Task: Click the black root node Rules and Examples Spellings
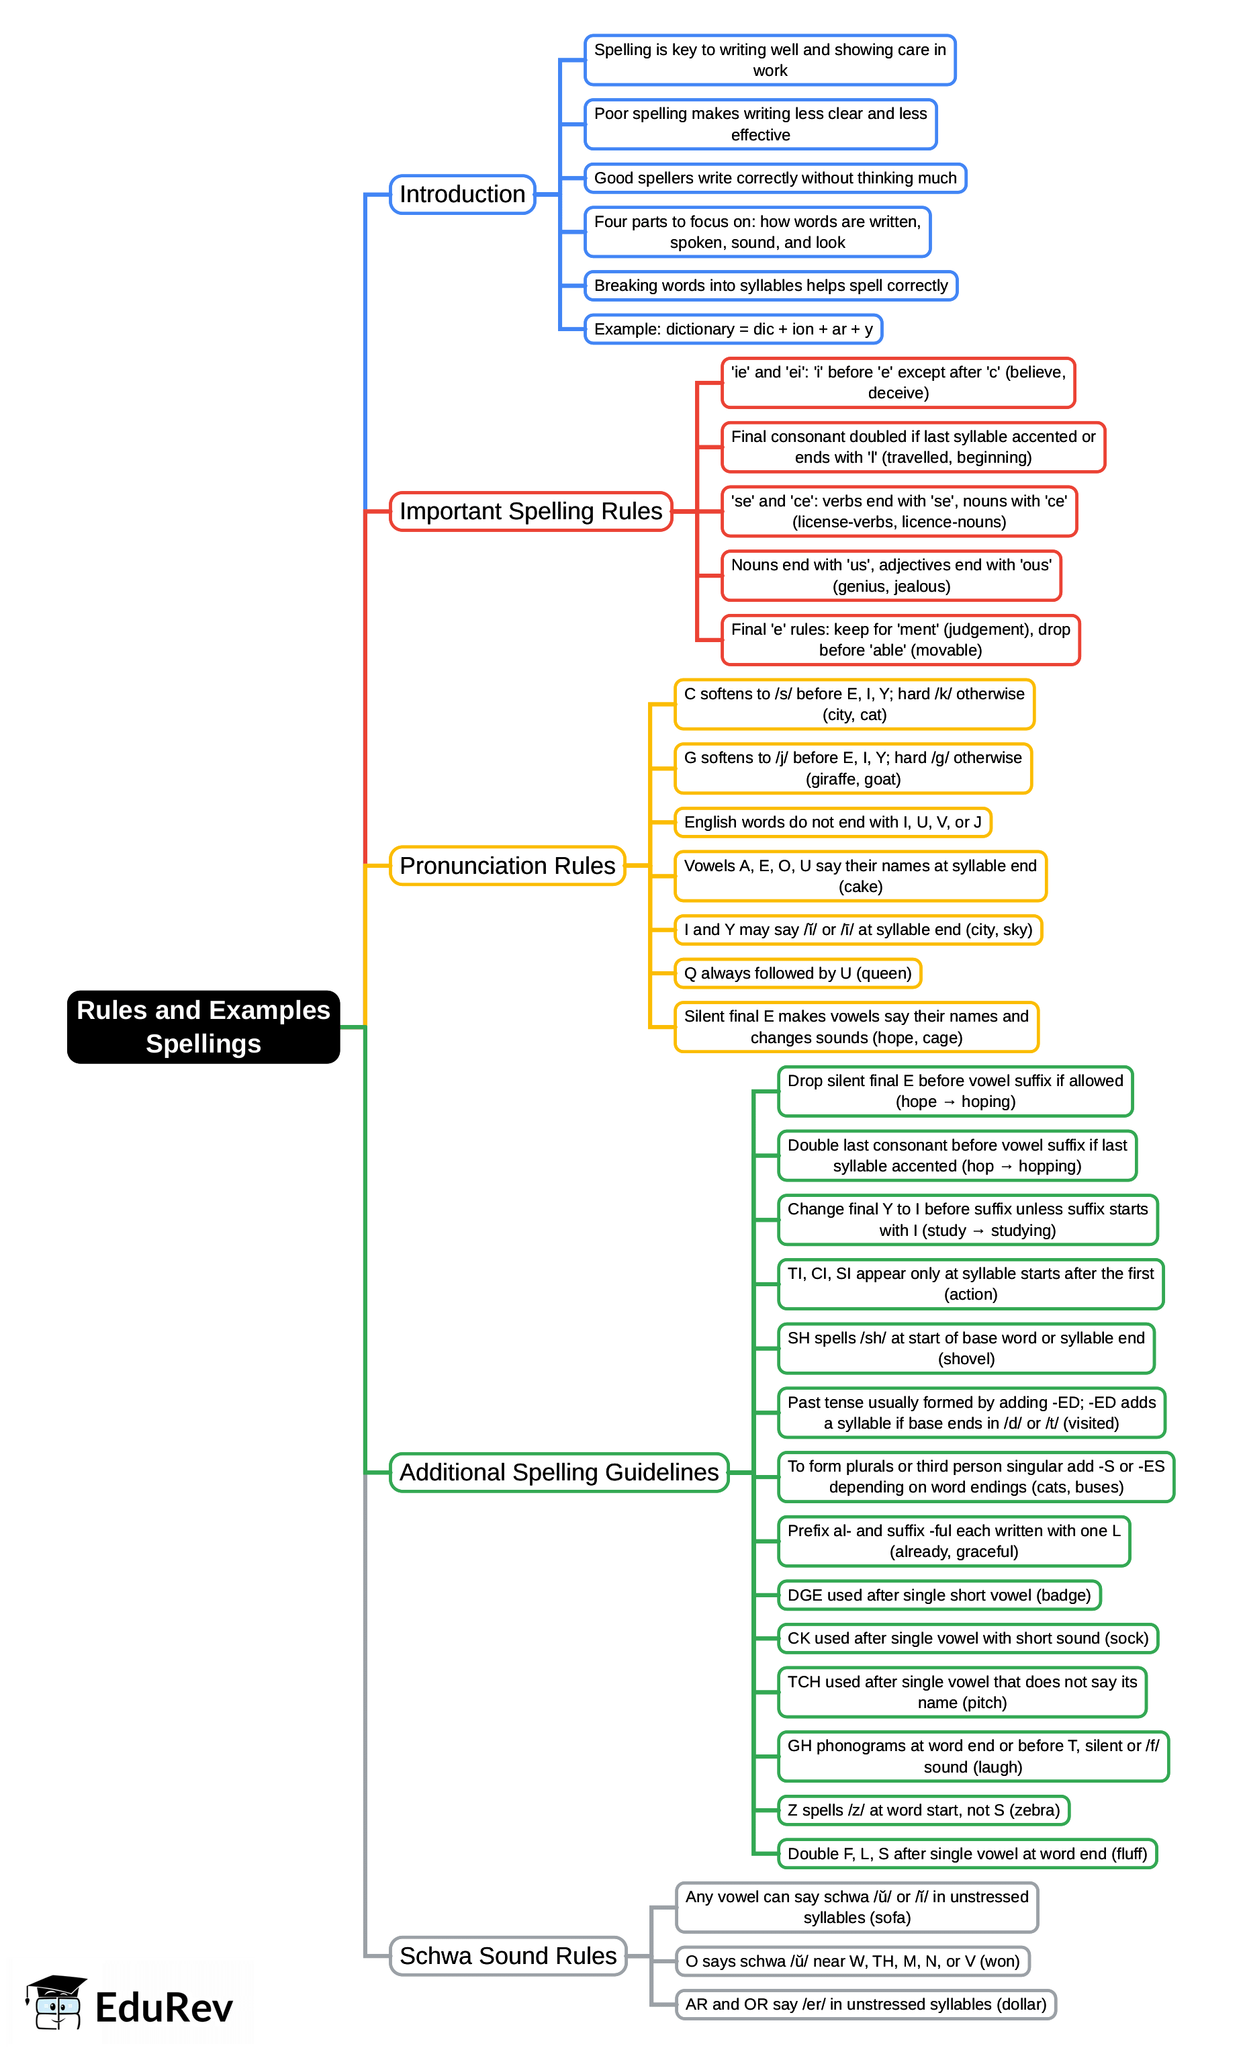203,1026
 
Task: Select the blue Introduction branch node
462,194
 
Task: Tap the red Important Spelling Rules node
531,511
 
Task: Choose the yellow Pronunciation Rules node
507,865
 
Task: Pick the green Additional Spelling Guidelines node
559,1472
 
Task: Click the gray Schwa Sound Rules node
508,1956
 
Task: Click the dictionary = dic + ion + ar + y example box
733,329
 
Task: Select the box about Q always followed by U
797,973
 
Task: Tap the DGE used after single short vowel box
939,1595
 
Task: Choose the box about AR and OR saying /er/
866,2004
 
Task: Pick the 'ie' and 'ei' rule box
898,383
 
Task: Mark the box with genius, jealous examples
891,575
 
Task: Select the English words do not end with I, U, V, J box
832,822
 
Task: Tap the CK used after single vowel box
967,1638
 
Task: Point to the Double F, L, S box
967,1853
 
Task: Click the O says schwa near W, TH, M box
852,1961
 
